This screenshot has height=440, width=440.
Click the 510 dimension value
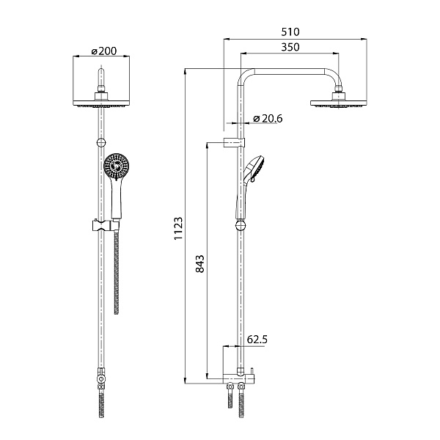tap(290, 32)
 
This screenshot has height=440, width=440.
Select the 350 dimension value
tap(290, 47)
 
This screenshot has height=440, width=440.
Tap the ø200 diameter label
tap(104, 51)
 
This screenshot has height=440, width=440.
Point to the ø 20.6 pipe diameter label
tap(268, 118)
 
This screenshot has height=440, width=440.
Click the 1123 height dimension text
tap(178, 228)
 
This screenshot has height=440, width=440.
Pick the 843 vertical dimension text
tap(199, 264)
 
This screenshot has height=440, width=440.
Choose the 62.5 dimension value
tap(257, 340)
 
